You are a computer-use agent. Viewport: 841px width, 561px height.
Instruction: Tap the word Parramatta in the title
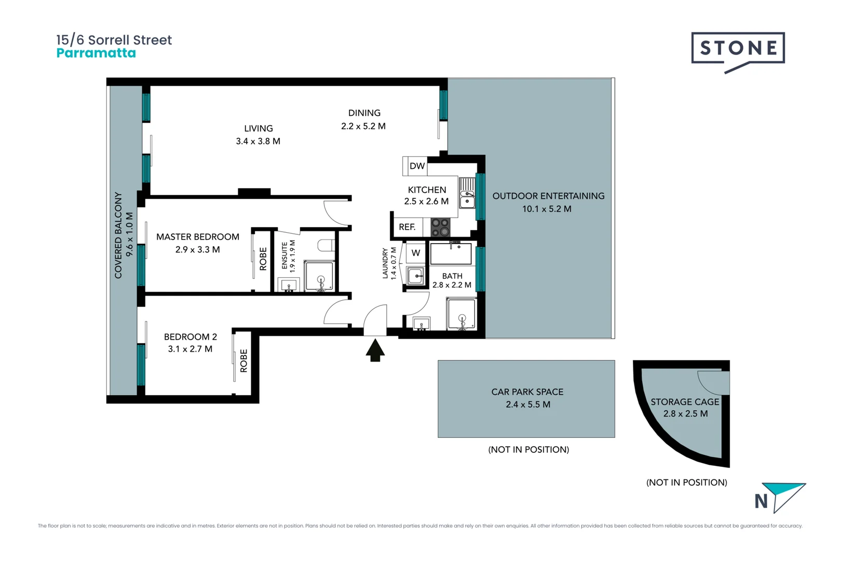[x=96, y=54]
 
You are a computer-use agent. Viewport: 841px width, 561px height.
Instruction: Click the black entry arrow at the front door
[x=375, y=350]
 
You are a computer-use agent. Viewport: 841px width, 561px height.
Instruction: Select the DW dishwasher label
[x=417, y=166]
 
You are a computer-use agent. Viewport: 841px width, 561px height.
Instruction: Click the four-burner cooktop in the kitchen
[x=440, y=227]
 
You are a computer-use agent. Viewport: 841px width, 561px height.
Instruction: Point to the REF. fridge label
[x=407, y=227]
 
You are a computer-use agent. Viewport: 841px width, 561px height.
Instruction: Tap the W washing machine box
[x=416, y=253]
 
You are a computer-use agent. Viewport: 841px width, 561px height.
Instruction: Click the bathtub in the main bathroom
[x=451, y=253]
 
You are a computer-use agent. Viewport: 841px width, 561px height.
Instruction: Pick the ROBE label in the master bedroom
[x=263, y=258]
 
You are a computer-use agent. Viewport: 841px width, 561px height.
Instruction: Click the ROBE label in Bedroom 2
[x=243, y=360]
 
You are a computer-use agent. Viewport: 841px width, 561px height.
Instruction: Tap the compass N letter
[x=761, y=501]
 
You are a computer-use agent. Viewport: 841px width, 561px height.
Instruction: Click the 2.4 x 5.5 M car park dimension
[x=528, y=404]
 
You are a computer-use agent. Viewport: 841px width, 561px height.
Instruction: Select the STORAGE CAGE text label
[x=685, y=402]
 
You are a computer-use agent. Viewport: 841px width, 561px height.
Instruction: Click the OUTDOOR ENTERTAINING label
[x=548, y=196]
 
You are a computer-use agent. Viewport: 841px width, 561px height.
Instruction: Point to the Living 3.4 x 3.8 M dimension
[x=258, y=141]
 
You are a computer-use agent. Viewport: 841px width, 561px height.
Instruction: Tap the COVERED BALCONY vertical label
[x=118, y=235]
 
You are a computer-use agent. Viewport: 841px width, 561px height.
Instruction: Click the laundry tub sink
[x=415, y=276]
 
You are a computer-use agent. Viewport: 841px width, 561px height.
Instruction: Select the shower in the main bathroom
[x=462, y=314]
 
